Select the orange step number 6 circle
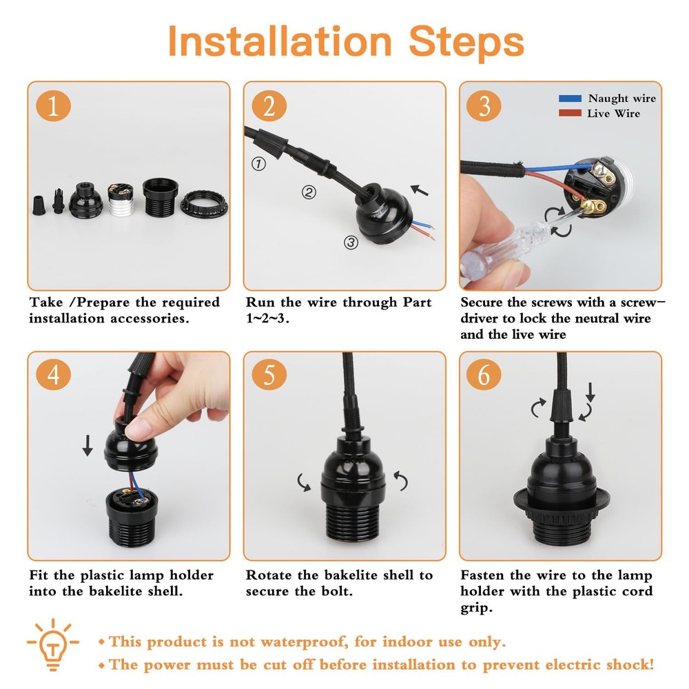tap(484, 377)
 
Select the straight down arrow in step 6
tap(590, 393)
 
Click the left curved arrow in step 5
tap(304, 482)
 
